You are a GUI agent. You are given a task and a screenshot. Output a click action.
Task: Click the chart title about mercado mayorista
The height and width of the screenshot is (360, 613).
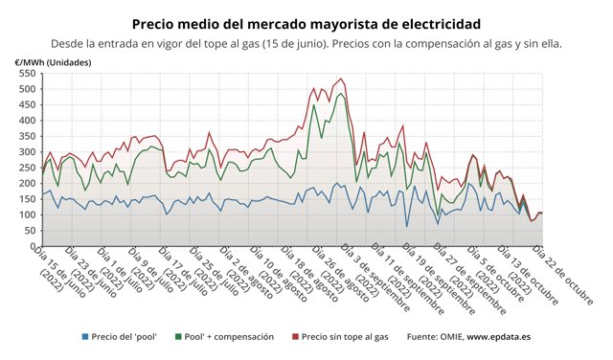[306, 22]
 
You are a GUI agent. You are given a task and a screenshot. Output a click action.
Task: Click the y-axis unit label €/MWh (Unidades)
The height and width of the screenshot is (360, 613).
[55, 62]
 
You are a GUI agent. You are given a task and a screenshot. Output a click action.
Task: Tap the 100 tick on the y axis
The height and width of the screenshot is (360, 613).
[26, 214]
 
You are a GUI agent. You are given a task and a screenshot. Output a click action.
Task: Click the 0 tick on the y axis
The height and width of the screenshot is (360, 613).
[32, 246]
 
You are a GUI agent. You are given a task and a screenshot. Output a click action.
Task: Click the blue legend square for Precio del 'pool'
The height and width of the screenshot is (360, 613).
[86, 337]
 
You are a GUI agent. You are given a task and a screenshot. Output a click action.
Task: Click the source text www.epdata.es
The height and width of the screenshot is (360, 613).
[494, 337]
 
